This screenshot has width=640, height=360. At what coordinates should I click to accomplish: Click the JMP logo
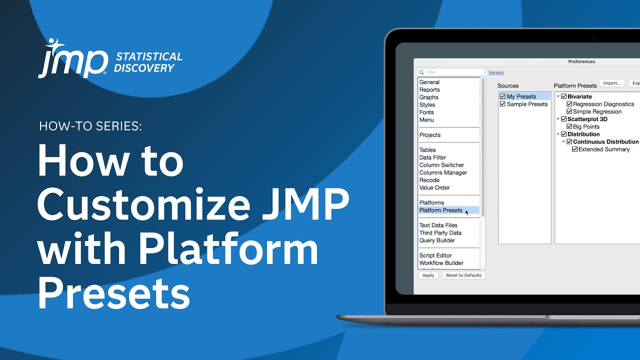click(73, 59)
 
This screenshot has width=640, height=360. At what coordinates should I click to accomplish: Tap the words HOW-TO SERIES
click(90, 126)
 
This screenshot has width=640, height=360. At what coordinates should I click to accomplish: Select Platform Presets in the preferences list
click(440, 210)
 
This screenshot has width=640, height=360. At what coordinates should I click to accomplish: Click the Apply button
click(428, 275)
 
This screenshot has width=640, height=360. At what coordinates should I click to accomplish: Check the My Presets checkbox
click(502, 96)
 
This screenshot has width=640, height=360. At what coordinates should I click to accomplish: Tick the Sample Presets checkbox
click(502, 104)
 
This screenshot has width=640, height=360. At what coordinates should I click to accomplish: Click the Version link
click(496, 72)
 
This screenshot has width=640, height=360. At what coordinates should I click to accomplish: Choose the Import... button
click(612, 83)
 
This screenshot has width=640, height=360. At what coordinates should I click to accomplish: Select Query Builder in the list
click(437, 240)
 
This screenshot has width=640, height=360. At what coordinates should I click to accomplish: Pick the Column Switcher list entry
click(441, 165)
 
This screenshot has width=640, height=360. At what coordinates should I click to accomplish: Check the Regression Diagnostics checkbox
click(569, 104)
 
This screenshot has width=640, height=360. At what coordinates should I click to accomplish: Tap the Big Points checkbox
click(569, 126)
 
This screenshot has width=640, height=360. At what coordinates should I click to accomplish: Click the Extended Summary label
click(604, 149)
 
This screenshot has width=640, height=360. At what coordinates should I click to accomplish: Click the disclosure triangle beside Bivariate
click(557, 96)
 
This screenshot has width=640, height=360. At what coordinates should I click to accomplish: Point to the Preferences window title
click(581, 61)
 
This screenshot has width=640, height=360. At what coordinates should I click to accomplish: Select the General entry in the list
click(429, 82)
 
